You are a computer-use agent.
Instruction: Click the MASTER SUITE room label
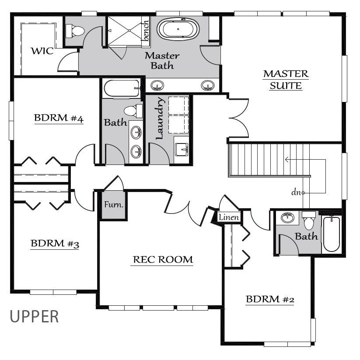(x=286, y=80)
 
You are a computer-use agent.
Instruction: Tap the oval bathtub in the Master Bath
(x=178, y=29)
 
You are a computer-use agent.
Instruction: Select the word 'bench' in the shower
(x=146, y=31)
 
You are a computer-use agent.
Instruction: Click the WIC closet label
(x=42, y=51)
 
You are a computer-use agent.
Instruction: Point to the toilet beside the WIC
(x=75, y=31)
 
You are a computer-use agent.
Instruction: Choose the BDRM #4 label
(x=59, y=118)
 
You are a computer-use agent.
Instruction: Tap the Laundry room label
(x=160, y=119)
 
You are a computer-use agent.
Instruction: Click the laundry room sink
(x=182, y=150)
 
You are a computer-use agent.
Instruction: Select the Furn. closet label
(x=114, y=204)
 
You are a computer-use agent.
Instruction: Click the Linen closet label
(x=229, y=217)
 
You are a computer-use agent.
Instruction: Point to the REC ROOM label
(x=163, y=260)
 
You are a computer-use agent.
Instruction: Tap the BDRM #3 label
(x=55, y=244)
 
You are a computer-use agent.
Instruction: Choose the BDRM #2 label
(x=270, y=299)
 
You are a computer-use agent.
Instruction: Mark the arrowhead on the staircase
(x=287, y=160)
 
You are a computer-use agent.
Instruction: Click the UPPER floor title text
(x=34, y=317)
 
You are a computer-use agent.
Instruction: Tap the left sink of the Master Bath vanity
(x=157, y=86)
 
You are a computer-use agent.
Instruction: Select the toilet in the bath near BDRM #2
(x=308, y=220)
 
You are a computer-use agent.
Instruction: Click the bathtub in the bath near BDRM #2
(x=331, y=234)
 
